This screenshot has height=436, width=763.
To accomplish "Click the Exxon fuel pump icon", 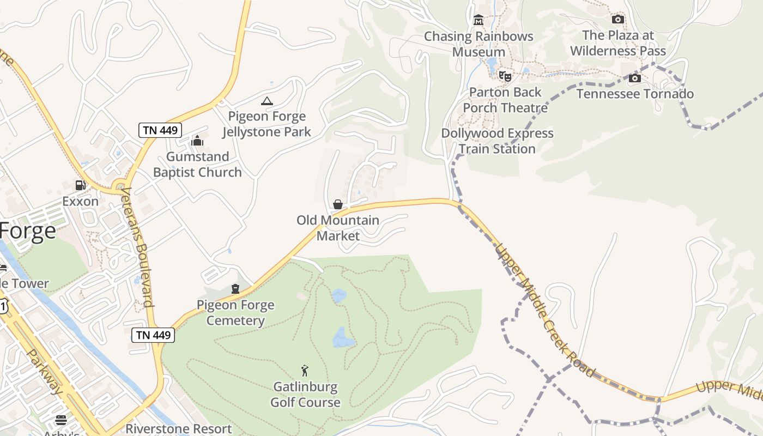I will (80, 185).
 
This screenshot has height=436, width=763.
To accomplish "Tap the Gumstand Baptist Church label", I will (197, 165).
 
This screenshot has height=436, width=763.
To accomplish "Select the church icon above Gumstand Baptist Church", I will (197, 141).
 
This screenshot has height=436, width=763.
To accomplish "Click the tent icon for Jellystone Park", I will (267, 101).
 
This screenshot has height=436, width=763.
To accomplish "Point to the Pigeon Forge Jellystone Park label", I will (267, 124).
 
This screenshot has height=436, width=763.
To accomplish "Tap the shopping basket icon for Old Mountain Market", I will (338, 204).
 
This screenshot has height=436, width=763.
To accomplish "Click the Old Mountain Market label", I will (338, 228).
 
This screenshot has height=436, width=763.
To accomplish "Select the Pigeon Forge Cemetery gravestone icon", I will (235, 289).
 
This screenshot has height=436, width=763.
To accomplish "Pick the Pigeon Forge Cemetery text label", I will (235, 312).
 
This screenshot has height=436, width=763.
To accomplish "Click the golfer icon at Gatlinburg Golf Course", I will (305, 371).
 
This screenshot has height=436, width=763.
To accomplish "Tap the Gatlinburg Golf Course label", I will (305, 395).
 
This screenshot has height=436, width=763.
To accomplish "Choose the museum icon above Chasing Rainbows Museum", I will (479, 20).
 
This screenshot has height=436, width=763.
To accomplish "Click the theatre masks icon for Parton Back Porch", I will (505, 76).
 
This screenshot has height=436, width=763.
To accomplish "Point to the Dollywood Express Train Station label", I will (497, 141).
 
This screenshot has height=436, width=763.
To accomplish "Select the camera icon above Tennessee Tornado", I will (635, 78).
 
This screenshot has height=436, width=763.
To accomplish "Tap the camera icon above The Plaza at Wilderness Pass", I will (617, 20).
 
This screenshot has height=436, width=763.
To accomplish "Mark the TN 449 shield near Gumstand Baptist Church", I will (160, 130).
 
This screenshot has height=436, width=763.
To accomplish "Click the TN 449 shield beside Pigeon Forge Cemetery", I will (153, 335).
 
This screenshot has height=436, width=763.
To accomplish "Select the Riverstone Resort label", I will (179, 429).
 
